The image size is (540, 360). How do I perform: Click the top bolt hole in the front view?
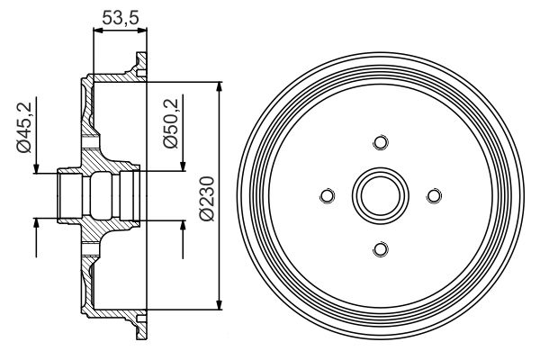379,143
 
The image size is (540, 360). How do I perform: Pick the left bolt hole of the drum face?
327,195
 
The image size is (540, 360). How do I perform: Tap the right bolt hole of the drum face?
432,195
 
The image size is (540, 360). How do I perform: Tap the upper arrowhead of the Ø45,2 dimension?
36,169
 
